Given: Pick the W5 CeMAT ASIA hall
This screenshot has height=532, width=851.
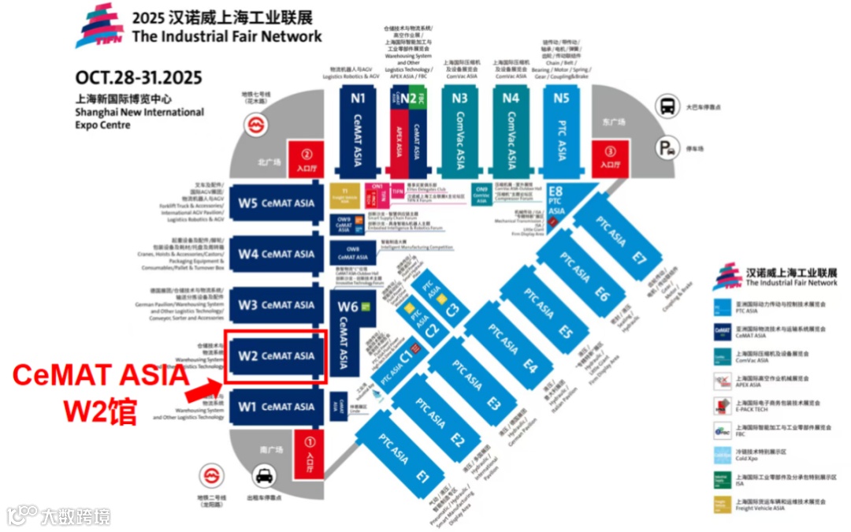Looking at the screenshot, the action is (276, 203).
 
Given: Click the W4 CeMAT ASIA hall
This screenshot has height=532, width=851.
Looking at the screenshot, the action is (276, 254).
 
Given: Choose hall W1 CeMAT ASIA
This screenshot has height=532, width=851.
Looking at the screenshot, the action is (276, 407).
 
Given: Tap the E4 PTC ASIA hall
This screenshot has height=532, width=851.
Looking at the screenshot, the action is (512, 347).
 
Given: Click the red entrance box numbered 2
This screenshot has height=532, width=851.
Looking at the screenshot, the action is (307, 160).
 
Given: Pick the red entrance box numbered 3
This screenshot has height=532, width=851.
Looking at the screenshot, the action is (609, 157).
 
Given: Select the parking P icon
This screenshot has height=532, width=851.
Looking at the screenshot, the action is (668, 147).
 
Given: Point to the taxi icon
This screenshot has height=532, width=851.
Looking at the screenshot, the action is (263, 477).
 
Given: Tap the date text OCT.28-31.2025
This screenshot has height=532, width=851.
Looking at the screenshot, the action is (139, 77).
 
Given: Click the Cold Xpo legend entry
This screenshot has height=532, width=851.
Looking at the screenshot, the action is (723, 454).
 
